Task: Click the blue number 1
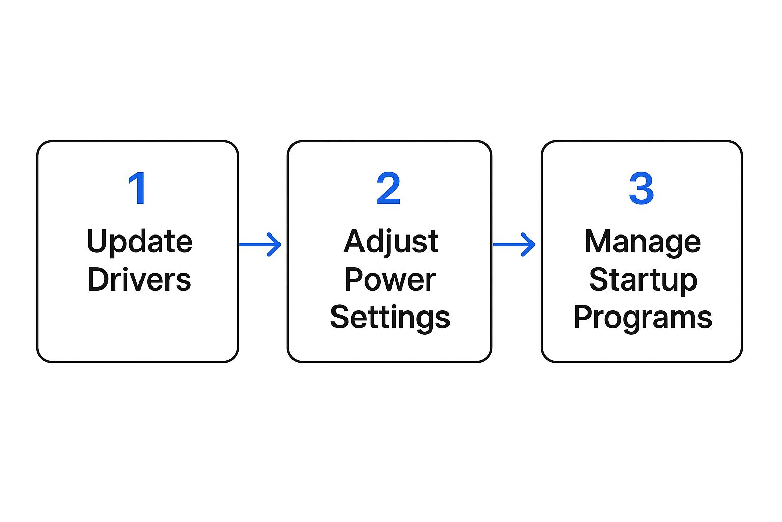tap(137, 188)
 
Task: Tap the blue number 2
tap(388, 188)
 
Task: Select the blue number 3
tap(641, 188)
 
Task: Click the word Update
tap(139, 242)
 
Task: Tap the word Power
tap(390, 279)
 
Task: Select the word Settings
tap(390, 318)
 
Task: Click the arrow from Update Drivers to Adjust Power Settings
tap(260, 244)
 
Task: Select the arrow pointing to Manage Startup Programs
tap(514, 244)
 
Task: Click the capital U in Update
tap(96, 241)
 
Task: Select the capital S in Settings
tap(340, 317)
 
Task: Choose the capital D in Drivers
tap(98, 279)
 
